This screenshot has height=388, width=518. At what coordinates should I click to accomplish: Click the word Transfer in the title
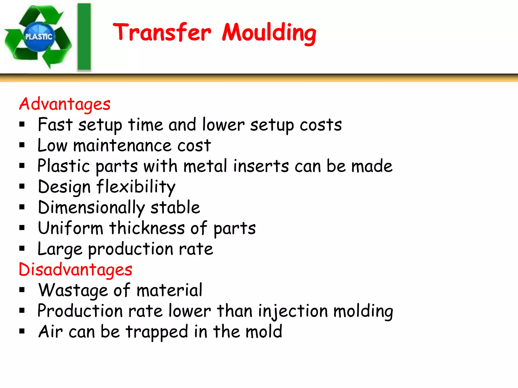[162, 32]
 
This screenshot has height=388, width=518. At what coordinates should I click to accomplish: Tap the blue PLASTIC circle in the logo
[39, 37]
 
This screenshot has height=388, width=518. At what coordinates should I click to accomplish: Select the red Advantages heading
[65, 104]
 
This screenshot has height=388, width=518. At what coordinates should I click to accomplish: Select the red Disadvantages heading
[75, 270]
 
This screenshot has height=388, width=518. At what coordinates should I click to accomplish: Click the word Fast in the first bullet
[55, 125]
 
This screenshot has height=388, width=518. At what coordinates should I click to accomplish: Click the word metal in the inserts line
[205, 166]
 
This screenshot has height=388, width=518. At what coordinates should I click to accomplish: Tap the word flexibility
[136, 187]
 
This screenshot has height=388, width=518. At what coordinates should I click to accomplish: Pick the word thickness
[147, 228]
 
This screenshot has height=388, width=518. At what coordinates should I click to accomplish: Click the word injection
[293, 311]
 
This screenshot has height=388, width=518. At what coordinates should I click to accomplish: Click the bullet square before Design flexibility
[22, 187]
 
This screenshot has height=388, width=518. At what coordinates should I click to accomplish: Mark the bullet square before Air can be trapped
[22, 331]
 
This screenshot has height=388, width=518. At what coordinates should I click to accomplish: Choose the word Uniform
[71, 228]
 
